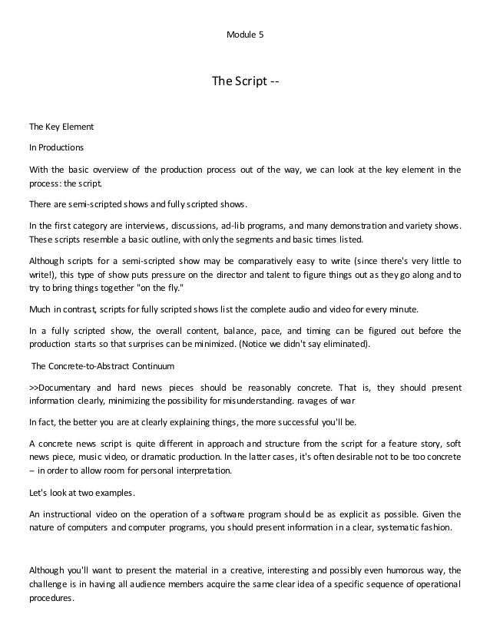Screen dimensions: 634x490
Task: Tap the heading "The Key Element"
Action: [61, 127]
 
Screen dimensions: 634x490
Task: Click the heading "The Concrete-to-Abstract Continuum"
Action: [104, 365]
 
